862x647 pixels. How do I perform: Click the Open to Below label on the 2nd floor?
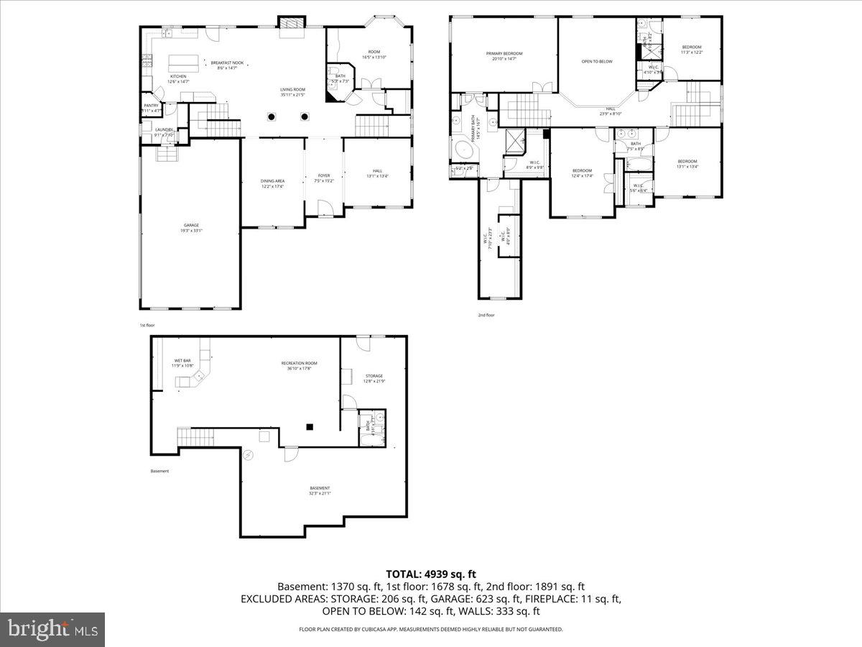coord(596,61)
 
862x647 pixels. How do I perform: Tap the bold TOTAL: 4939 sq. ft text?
coord(431,574)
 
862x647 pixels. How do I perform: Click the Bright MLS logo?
coord(52,630)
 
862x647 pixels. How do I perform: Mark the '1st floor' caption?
coord(147,325)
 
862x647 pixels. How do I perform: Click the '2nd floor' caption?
coord(486,315)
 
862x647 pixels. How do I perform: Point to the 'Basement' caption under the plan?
coord(159,472)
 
